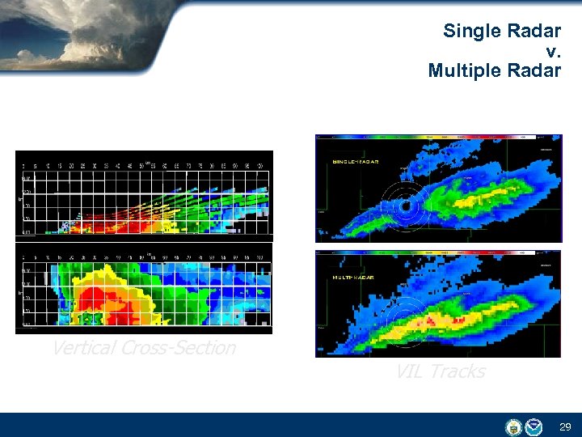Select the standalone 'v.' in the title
pos(553,51)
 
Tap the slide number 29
pos(564,426)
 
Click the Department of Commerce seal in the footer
pos(513,426)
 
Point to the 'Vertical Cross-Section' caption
pos(143,348)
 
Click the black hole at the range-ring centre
pos(404,208)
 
